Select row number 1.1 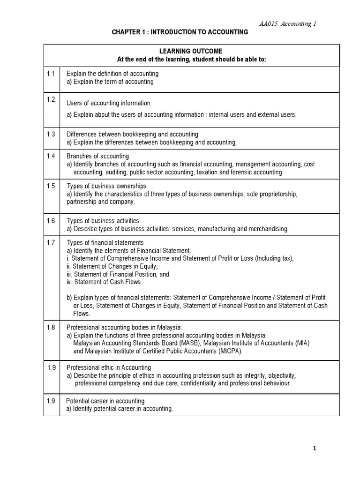click(x=52, y=74)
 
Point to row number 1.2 click(x=52, y=99)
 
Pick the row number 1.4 click(x=52, y=156)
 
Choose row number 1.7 click(x=52, y=242)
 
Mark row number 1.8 click(x=52, y=327)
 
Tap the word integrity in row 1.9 click(x=250, y=375)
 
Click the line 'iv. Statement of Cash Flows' click(x=104, y=282)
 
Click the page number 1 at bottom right click(x=315, y=449)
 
